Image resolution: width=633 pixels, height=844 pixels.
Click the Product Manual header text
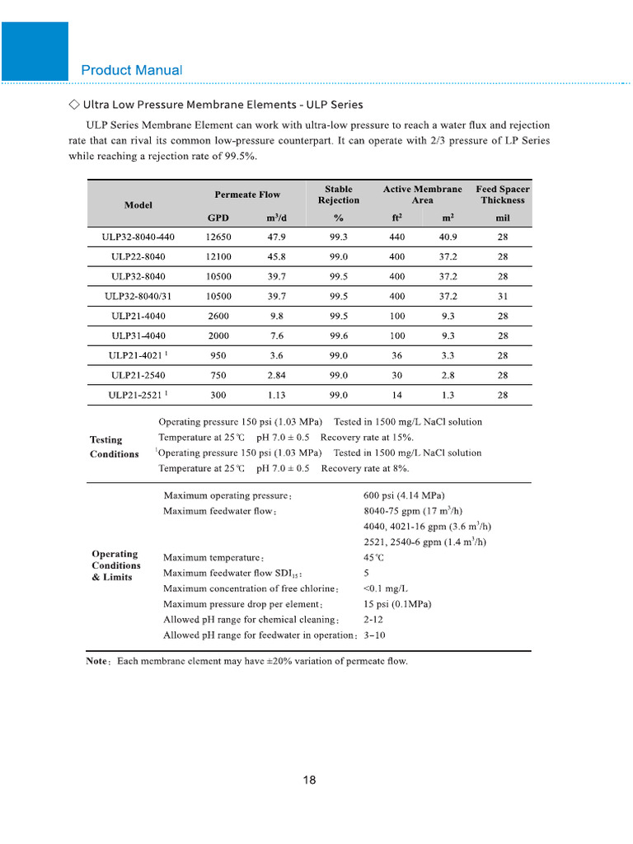pos(132,70)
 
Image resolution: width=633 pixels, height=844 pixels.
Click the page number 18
pos(310,781)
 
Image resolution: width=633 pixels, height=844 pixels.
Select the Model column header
pos(138,204)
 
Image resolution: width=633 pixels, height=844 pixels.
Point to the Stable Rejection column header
pos(338,195)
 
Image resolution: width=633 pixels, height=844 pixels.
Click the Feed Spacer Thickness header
pos(503,195)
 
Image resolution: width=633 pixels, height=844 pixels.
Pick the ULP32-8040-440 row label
pos(138,237)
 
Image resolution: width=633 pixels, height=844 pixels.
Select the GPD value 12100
pos(218,256)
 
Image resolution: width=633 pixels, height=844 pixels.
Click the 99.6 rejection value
pos(338,335)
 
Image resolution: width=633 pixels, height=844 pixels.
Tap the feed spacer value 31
pos(503,296)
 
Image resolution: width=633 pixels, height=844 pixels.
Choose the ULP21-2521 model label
pos(134,395)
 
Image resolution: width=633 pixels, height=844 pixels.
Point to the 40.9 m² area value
pos(449,237)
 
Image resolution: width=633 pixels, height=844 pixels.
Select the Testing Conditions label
pos(114,447)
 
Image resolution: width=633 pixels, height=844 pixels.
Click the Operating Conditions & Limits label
pos(115,565)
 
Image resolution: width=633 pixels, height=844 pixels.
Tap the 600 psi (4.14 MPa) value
pos(404,496)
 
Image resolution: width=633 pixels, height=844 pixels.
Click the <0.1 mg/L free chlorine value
pos(385,588)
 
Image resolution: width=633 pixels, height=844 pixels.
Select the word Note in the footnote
pos(98,661)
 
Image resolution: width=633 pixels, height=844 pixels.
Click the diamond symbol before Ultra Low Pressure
pos(73,105)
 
